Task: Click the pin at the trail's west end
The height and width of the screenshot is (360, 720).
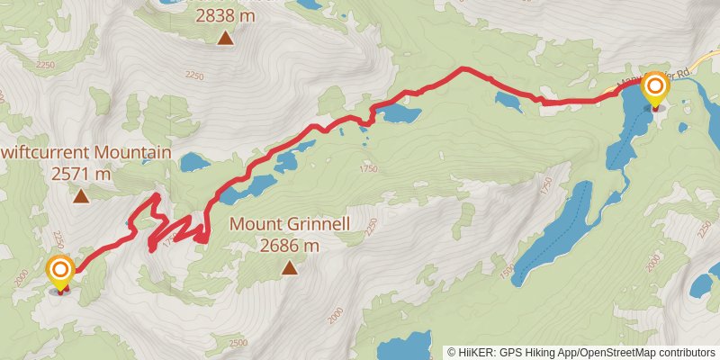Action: pyautogui.click(x=60, y=273)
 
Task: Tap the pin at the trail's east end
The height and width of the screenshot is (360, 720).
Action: pyautogui.click(x=655, y=90)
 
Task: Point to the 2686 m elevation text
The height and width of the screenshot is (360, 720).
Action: pyautogui.click(x=289, y=245)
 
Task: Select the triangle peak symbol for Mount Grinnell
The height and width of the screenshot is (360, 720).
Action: pyautogui.click(x=289, y=267)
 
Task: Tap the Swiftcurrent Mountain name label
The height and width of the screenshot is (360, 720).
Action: pyautogui.click(x=85, y=153)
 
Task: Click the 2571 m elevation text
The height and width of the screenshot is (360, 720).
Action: pyautogui.click(x=81, y=174)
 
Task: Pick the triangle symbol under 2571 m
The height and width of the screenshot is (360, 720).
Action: pyautogui.click(x=81, y=196)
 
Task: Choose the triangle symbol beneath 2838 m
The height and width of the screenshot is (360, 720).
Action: pyautogui.click(x=224, y=38)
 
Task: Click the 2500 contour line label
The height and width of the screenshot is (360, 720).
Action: pyautogui.click(x=238, y=342)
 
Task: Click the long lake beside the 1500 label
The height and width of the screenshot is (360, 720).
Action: pyautogui.click(x=558, y=234)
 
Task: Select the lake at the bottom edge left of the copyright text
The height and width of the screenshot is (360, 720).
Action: pyautogui.click(x=407, y=346)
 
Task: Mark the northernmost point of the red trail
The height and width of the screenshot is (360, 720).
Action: pyautogui.click(x=463, y=68)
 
